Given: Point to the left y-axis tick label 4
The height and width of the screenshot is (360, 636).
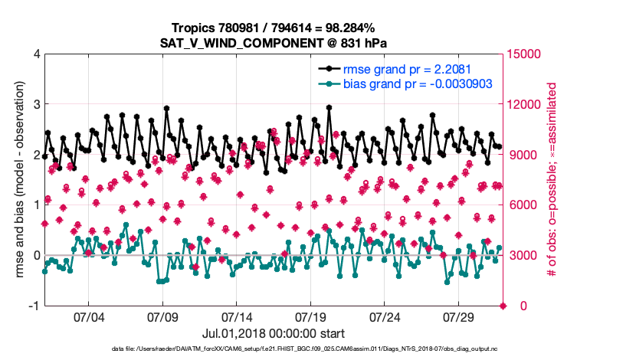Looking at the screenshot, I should point(36,54).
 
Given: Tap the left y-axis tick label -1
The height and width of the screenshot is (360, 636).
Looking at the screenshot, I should point(34,306).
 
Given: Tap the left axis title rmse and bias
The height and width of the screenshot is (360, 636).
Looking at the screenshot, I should point(18,180).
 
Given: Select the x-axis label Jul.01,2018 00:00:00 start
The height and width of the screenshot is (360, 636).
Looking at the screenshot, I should point(274,334).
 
